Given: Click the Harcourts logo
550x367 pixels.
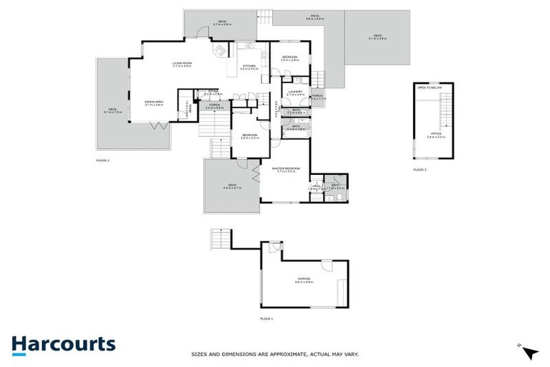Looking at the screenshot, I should coord(63,344).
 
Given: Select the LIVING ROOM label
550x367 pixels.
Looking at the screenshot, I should coord(183,64).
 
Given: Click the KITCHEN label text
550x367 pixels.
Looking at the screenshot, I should coord(249,65).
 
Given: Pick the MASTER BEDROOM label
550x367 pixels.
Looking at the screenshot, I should coord(284,168).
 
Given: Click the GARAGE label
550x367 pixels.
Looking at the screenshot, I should coord(304,278).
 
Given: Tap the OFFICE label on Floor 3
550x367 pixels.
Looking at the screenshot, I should coord(435,133).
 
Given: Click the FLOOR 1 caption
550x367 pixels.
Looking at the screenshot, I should coord(266,318).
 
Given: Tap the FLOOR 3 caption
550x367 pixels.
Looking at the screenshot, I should coord(420,169).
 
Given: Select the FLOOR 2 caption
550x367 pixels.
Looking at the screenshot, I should coord(103,161).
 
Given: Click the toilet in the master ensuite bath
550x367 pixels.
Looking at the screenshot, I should coord(336,195).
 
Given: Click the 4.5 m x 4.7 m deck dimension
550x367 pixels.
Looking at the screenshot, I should coord(232,188).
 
